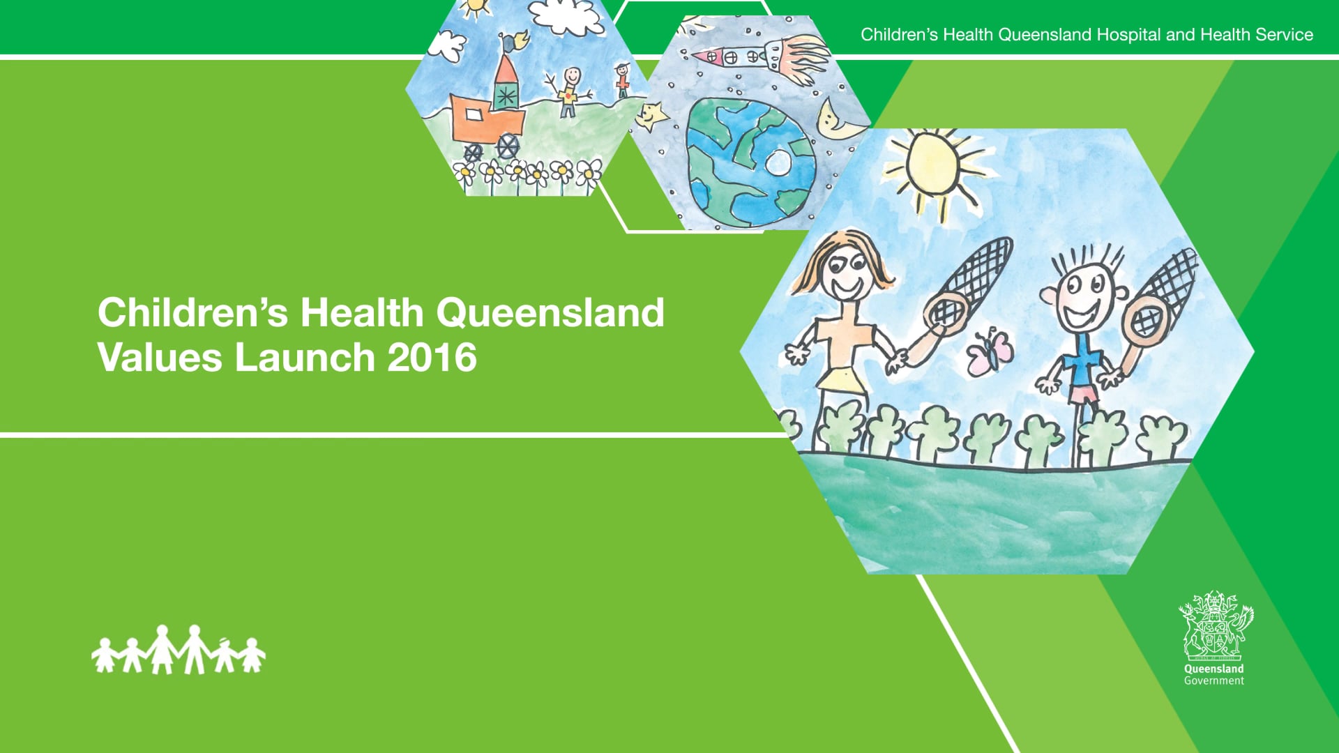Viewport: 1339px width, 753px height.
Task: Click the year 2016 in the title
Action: (x=432, y=358)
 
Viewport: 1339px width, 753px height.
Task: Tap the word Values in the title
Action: (x=160, y=358)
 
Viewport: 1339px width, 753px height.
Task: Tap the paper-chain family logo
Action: (x=179, y=650)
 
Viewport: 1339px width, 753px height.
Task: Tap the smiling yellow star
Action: (x=651, y=116)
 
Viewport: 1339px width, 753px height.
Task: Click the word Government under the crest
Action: (x=1213, y=681)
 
